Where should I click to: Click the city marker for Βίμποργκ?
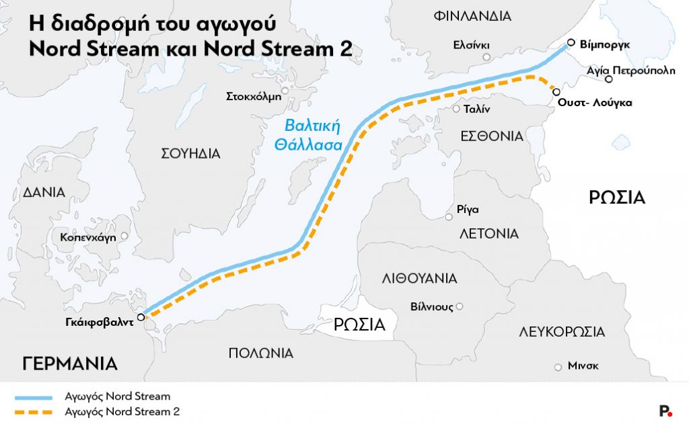(x=570, y=43)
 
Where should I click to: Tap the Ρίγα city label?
(x=467, y=209)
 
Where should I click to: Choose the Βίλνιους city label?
(x=431, y=307)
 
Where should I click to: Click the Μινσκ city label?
(x=583, y=366)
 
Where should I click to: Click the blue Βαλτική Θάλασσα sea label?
(x=313, y=134)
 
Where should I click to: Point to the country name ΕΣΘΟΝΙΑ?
(x=492, y=136)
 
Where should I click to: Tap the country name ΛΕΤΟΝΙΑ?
(x=489, y=234)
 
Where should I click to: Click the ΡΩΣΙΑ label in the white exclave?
(x=360, y=325)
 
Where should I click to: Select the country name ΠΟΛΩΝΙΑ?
(x=260, y=353)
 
